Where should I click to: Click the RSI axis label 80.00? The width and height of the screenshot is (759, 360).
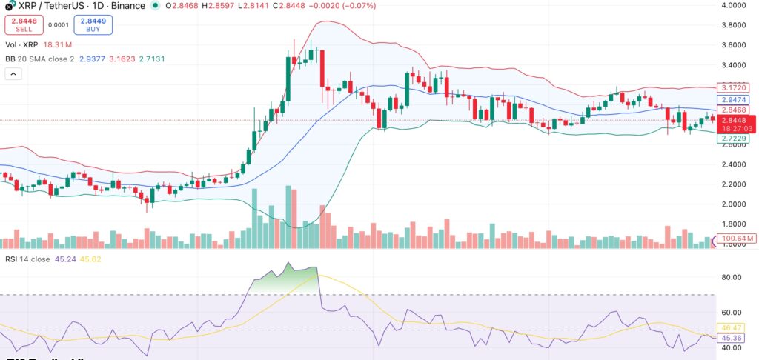tap(733, 277)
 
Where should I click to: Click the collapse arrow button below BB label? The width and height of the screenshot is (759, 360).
tap(13, 74)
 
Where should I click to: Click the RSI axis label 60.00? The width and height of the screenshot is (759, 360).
tap(733, 312)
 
